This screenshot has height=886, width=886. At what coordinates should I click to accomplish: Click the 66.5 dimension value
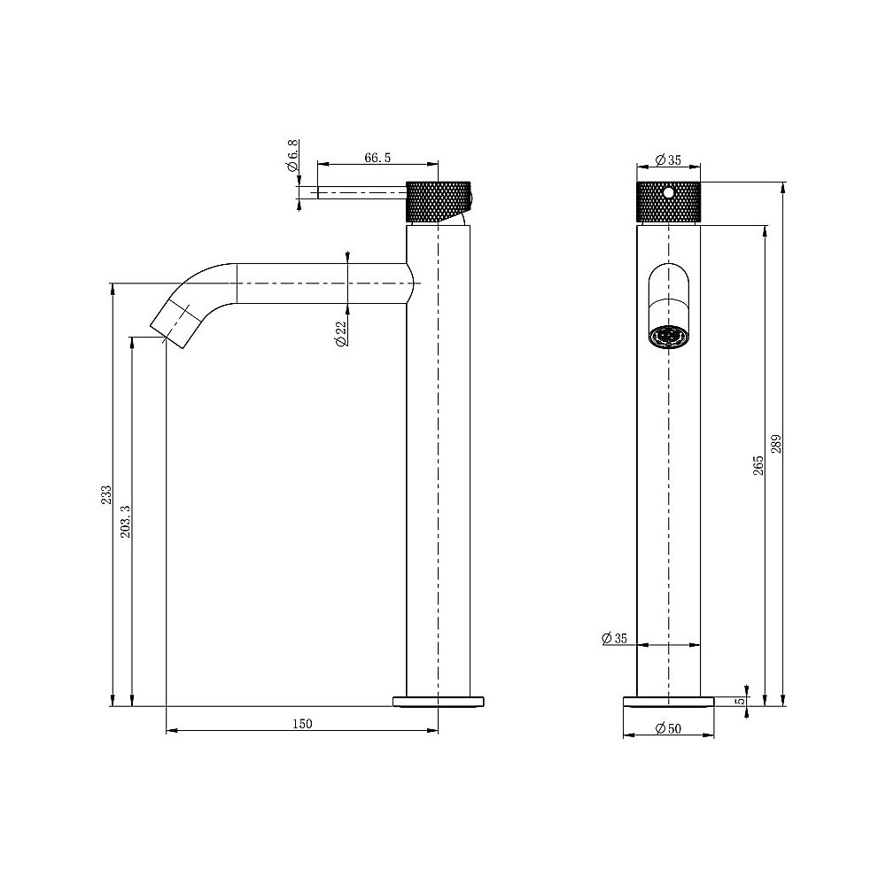[377, 158]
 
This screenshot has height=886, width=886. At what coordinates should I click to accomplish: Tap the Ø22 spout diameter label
[341, 333]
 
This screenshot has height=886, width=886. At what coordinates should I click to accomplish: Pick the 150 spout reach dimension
[301, 724]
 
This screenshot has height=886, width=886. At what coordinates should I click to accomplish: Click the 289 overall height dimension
[777, 443]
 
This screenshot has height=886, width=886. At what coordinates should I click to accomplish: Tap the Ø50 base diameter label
[668, 728]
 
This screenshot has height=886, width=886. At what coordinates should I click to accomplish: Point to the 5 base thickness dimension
[740, 701]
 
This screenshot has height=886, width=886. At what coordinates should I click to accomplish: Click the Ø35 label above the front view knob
[668, 160]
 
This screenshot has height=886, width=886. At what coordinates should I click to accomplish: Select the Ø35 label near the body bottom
[614, 639]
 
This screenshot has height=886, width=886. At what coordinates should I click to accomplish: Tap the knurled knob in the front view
[669, 204]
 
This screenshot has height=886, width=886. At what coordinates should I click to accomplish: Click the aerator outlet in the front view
[668, 338]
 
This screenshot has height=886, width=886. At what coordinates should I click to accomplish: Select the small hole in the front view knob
[669, 190]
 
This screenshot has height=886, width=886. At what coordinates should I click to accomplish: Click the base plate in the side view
[439, 702]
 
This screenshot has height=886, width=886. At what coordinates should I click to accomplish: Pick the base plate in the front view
[669, 702]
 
